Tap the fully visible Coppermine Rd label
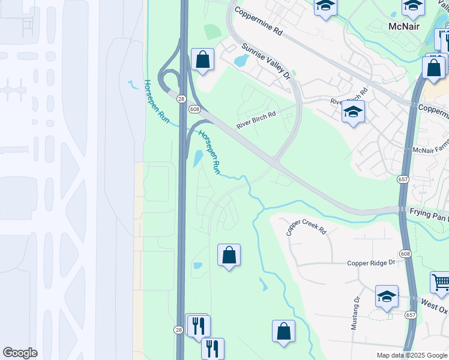(x=258, y=20)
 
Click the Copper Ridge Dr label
(x=372, y=263)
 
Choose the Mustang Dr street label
(x=356, y=313)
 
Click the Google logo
(x=20, y=353)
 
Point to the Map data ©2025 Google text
(x=412, y=355)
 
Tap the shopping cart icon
(x=440, y=281)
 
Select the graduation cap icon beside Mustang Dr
(x=387, y=296)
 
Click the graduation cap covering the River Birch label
(x=353, y=112)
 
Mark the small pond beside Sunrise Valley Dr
(x=241, y=61)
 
